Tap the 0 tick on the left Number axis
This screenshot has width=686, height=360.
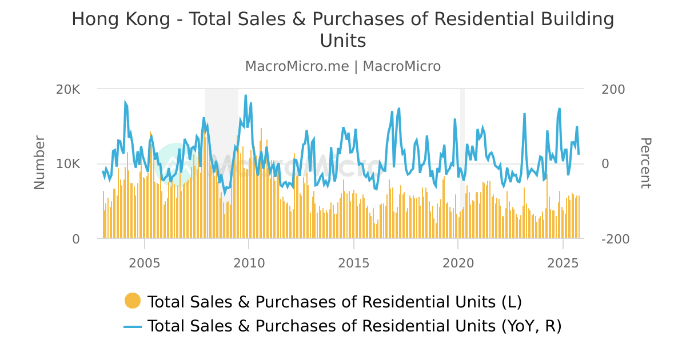(75, 239)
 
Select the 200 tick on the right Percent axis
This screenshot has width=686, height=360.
(614, 90)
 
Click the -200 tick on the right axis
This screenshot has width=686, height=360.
(616, 239)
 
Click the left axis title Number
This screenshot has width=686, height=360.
(39, 163)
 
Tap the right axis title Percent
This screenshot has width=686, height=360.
(645, 163)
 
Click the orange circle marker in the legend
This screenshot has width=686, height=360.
(133, 301)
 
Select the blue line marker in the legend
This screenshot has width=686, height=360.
(133, 326)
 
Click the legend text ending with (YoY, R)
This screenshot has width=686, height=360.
(354, 326)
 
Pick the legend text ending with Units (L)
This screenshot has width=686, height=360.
(334, 301)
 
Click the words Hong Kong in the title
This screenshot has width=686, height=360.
(121, 19)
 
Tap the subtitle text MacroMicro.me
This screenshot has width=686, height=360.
(297, 66)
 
